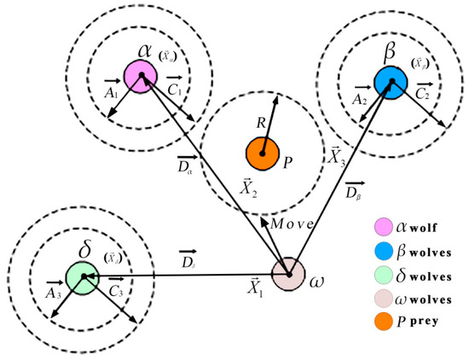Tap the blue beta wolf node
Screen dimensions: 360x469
point(390,82)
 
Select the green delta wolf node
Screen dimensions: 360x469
point(82,277)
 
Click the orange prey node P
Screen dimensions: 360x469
point(263,153)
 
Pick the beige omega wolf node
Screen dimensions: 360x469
point(288,275)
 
